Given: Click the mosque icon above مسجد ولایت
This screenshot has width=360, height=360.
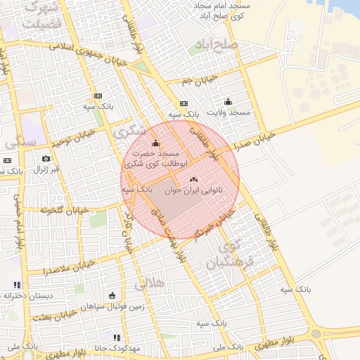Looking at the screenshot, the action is point(227,101).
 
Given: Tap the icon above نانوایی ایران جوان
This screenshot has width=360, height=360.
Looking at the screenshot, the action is point(193,181).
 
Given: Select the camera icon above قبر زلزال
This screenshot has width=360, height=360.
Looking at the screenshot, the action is point(46,159).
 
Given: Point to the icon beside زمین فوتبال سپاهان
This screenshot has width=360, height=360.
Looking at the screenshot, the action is point(112,295).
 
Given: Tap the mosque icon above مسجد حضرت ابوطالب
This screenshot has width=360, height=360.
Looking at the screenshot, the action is point(155,143).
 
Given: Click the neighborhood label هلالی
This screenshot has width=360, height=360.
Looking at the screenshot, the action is point(148,283).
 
